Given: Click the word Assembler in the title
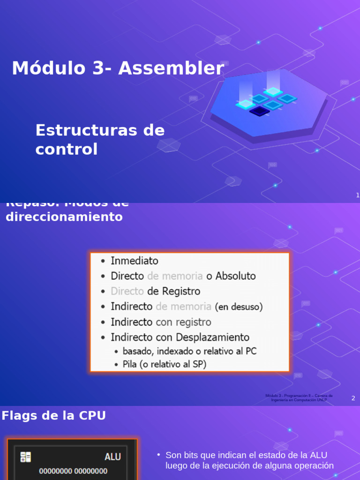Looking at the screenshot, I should point(171,68).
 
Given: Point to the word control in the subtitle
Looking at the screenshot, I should point(67,150).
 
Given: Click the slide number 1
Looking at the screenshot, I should point(358,195).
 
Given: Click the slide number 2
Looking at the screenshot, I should point(353,398).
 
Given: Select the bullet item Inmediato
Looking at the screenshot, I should point(135,261).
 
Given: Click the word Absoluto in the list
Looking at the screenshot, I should point(236,276).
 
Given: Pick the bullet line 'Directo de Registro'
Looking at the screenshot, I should point(155,291).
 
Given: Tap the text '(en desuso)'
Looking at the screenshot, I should point(239,307).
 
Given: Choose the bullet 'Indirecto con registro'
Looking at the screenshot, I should point(161,322).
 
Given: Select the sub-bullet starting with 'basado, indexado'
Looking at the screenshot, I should point(189,351).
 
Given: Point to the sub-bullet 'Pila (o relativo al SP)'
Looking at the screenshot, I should point(164,364).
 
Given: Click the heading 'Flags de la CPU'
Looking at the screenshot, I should point(53,415).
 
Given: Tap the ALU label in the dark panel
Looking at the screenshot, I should point(113,457).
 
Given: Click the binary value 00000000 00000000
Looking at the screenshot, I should point(73,471).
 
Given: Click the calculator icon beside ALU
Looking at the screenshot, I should point(26,457).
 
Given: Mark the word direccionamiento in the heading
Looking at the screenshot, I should point(64,217).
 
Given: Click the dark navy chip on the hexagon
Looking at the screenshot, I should point(259,111).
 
